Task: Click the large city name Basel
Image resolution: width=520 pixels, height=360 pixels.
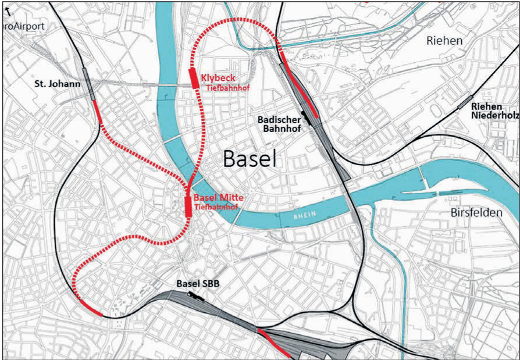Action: (x=248, y=158)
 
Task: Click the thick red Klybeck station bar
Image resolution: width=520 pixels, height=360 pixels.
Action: (x=194, y=78)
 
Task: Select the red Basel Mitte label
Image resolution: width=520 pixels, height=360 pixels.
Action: (x=218, y=198)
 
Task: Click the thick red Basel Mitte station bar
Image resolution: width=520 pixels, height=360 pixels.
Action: (x=188, y=206)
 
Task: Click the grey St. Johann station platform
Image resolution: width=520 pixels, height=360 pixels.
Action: (x=88, y=84)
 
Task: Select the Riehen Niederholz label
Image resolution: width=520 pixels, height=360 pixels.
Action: (x=494, y=111)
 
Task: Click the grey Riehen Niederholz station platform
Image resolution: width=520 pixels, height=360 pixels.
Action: (x=465, y=102)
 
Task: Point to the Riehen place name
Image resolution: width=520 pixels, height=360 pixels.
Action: (x=444, y=41)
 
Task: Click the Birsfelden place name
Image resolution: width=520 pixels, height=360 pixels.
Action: (x=476, y=213)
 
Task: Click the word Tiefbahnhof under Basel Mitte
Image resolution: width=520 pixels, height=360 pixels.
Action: (x=216, y=207)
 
